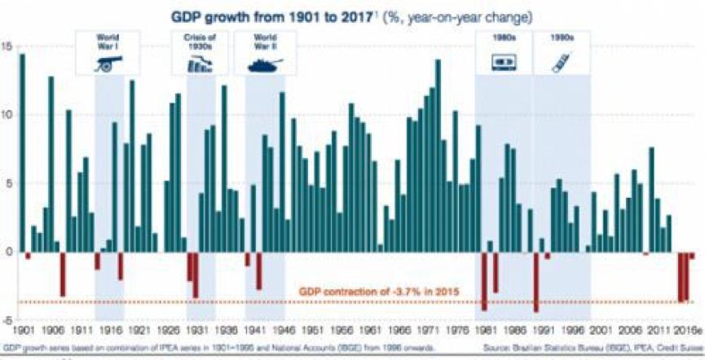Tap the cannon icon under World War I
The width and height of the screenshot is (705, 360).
[108, 64]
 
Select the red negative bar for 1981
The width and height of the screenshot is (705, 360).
[483, 281]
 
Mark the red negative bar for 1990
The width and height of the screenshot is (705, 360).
[535, 281]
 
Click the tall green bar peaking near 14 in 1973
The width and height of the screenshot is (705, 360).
[438, 155]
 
